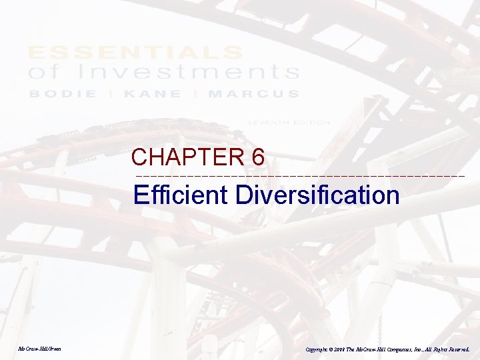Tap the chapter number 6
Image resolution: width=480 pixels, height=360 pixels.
point(259,157)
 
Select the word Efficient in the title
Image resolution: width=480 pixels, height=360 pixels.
point(181,195)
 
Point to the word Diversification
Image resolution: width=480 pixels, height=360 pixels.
point(317,195)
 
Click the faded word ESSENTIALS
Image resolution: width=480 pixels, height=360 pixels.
point(135,52)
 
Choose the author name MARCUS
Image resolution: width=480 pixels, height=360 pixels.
point(253,94)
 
